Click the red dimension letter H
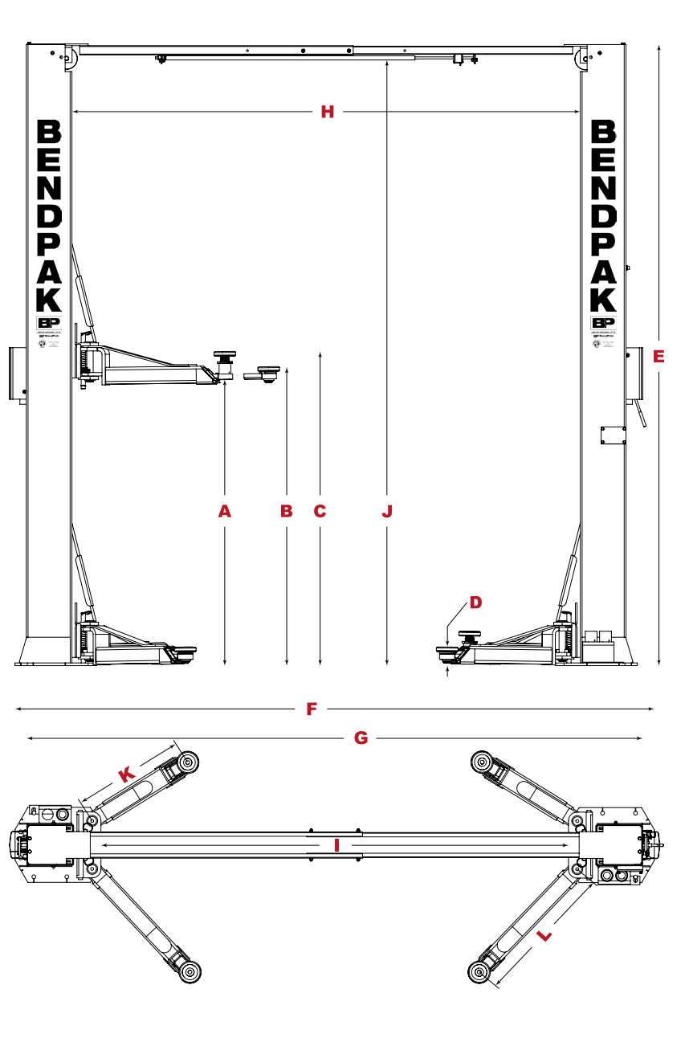(x=327, y=112)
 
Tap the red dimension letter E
(x=658, y=356)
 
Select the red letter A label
(x=225, y=510)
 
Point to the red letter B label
(x=286, y=510)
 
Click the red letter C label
(x=320, y=510)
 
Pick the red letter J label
(x=387, y=510)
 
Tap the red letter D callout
(x=475, y=602)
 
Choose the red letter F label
(x=312, y=709)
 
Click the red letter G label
(x=361, y=738)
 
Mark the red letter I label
(x=337, y=845)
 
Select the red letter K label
(x=126, y=775)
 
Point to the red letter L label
(x=544, y=935)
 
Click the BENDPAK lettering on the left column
(x=49, y=215)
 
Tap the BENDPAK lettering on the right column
(x=603, y=215)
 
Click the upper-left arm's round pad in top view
(x=188, y=762)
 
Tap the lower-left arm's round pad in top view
(x=190, y=972)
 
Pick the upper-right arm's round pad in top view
(x=482, y=761)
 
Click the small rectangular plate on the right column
(x=613, y=435)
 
